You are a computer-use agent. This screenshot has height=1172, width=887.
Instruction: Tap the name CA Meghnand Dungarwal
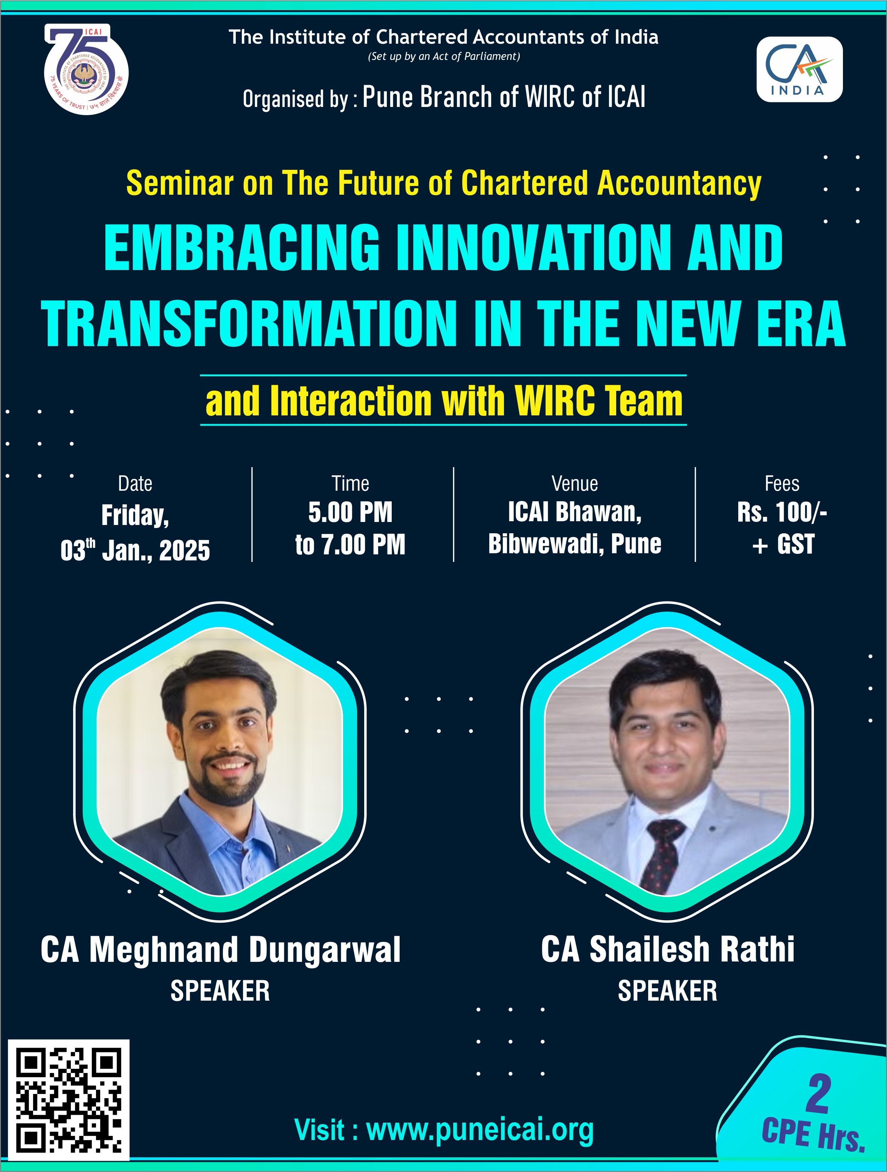pyautogui.click(x=220, y=949)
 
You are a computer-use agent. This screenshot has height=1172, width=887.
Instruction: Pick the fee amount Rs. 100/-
pyautogui.click(x=782, y=512)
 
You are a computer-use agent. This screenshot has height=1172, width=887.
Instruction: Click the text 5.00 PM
pyautogui.click(x=350, y=512)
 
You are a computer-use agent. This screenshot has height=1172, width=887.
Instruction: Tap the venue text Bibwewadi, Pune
pyautogui.click(x=575, y=544)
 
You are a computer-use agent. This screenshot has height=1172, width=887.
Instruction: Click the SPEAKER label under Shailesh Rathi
pyautogui.click(x=668, y=991)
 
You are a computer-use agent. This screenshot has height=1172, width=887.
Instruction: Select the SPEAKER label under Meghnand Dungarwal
pyautogui.click(x=220, y=991)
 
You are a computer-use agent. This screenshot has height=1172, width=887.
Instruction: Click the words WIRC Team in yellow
pyautogui.click(x=598, y=401)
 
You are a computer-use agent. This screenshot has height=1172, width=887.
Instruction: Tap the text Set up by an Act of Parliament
pyautogui.click(x=444, y=56)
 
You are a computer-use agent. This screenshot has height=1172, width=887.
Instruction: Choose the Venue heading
pyautogui.click(x=575, y=484)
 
